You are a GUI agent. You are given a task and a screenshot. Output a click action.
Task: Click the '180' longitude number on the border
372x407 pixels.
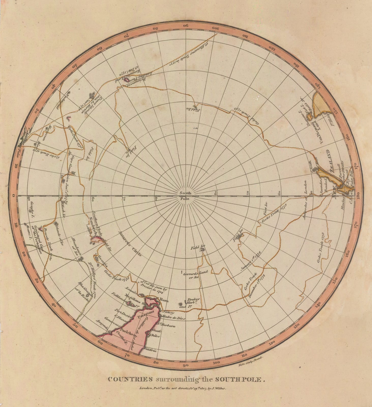(x=358, y=196)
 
